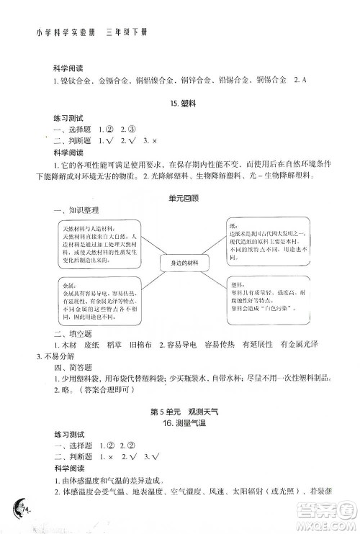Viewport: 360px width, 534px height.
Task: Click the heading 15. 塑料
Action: pos(179,104)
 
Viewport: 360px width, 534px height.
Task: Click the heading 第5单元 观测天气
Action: pos(179,412)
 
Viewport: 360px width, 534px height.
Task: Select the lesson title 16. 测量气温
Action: pos(179,424)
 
